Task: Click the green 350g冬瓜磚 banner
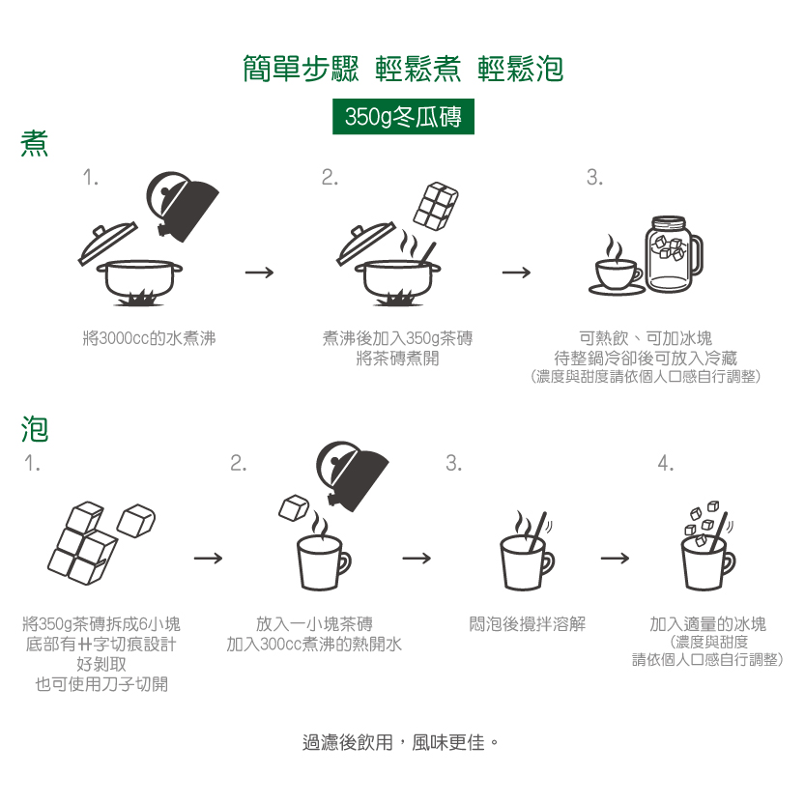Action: pos(402,117)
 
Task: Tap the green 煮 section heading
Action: pos(35,145)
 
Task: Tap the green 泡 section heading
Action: pos(35,428)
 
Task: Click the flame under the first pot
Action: pos(142,299)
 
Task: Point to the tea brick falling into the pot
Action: pos(435,205)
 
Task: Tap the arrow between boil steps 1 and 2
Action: pos(259,273)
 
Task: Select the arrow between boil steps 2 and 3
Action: pos(516,273)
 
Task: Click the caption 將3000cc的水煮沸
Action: pos(150,338)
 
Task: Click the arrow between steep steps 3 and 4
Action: pos(615,558)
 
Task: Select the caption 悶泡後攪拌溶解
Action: pos(527,624)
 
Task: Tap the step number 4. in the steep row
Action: pos(666,464)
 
